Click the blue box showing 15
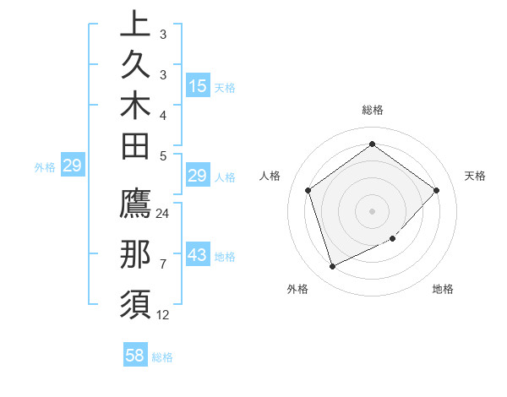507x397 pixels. pyautogui.click(x=197, y=85)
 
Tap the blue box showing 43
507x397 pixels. pyautogui.click(x=197, y=254)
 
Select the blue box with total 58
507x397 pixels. pyautogui.click(x=135, y=356)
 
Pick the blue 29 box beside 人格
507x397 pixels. pyautogui.click(x=197, y=176)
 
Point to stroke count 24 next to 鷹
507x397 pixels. pyautogui.click(x=163, y=214)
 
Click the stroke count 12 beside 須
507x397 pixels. pyautogui.click(x=163, y=315)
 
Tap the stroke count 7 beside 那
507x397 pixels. pyautogui.click(x=163, y=264)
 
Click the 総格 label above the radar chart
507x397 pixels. pyautogui.click(x=373, y=110)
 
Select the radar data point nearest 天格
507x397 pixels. pyautogui.click(x=436, y=190)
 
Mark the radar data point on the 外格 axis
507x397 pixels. pyautogui.click(x=332, y=267)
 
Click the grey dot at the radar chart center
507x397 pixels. pyautogui.click(x=372, y=210)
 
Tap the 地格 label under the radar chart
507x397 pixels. pyautogui.click(x=443, y=289)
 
